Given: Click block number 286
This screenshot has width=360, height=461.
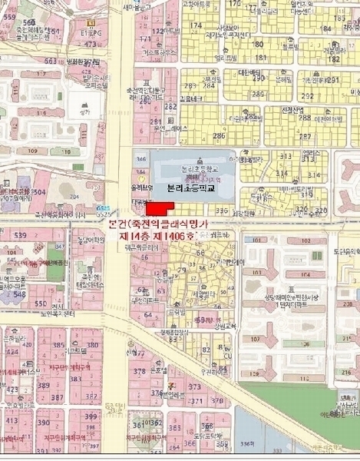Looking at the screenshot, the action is click(220, 134).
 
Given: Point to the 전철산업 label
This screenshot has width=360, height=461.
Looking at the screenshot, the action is click(291, 110).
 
